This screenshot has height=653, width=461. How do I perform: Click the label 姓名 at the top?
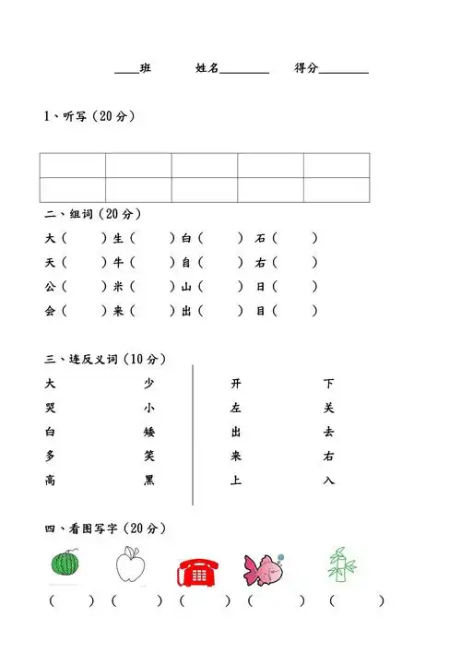207,68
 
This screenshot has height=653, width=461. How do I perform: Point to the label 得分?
306,68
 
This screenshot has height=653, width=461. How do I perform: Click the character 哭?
50,408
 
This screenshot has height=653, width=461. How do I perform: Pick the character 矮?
149,432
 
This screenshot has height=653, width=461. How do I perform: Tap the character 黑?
149,480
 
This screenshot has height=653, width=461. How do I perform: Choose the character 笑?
149,456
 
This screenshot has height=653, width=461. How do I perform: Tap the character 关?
329,408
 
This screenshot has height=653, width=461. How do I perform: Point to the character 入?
329,480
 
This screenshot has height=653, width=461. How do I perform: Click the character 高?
50,480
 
